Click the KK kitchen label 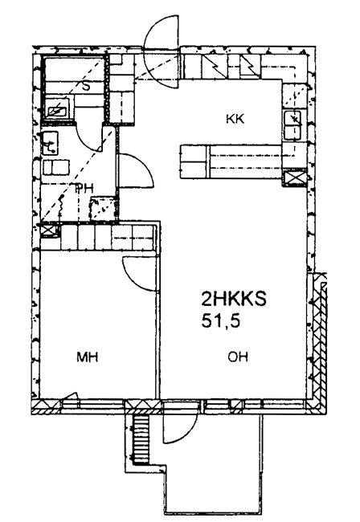pyautogui.click(x=235, y=119)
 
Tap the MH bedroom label pyautogui.click(x=87, y=357)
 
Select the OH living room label pyautogui.click(x=238, y=357)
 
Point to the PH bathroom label pyautogui.click(x=84, y=189)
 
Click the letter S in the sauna pyautogui.click(x=86, y=87)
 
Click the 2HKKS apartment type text pyautogui.click(x=234, y=299)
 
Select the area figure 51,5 pyautogui.click(x=220, y=321)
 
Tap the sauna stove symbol pyautogui.click(x=57, y=108)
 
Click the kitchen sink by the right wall pyautogui.click(x=292, y=125)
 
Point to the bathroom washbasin pyautogui.click(x=51, y=143)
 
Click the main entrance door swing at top pyautogui.click(x=162, y=51)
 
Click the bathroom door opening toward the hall pyautogui.click(x=136, y=170)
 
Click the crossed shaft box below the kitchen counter pyautogui.click(x=294, y=177)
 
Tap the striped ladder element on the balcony pyautogui.click(x=140, y=439)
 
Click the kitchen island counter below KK pyautogui.click(x=231, y=161)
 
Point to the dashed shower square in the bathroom pyautogui.click(x=104, y=209)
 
